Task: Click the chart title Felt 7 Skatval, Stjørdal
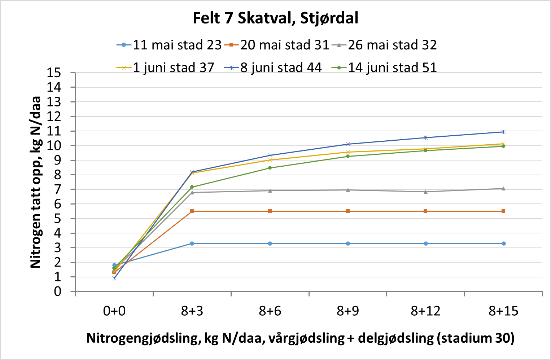[x=275, y=18]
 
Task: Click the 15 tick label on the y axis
[x=54, y=73]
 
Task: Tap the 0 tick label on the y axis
[x=58, y=291]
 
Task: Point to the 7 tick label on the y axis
[x=58, y=189]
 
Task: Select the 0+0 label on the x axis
[x=114, y=311]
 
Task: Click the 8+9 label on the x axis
[x=348, y=311]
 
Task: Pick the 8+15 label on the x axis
[x=503, y=311]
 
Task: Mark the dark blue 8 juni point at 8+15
[x=503, y=132]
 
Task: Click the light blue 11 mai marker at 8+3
[x=192, y=243]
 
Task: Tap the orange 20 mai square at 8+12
[x=426, y=211]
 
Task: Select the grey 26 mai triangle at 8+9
[x=348, y=190]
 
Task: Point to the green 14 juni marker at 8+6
[x=270, y=168]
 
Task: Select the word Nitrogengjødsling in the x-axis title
[x=143, y=338]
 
